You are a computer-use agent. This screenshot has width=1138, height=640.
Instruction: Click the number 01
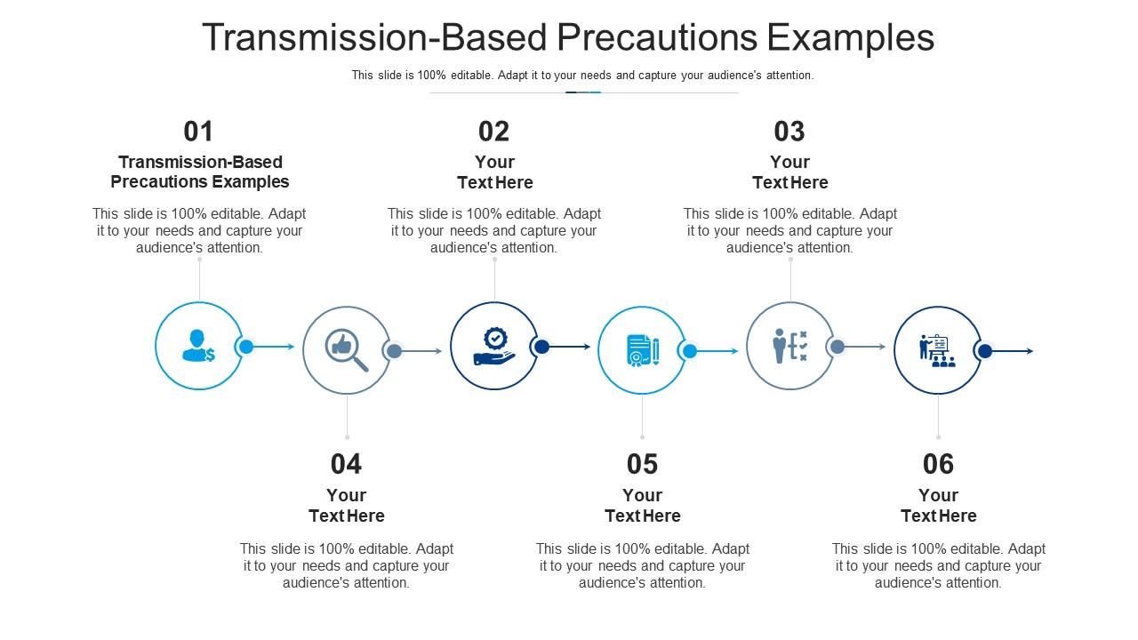coord(198,132)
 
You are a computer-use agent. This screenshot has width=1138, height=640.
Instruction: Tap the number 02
coord(494,132)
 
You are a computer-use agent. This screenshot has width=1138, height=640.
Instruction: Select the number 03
coord(789,132)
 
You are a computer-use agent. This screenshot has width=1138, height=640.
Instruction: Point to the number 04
coord(346,464)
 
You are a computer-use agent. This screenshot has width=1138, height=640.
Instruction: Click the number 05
coord(642,464)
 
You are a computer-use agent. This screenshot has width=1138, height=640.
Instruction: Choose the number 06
coord(938,464)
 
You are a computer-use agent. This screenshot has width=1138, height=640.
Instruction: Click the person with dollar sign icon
coord(198,346)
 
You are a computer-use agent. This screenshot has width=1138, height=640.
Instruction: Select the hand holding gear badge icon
coord(494,347)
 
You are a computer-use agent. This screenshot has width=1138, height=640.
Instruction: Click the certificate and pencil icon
coord(642,350)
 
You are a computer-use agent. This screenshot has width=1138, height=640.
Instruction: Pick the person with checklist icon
coord(789,346)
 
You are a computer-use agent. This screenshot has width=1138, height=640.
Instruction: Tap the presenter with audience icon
coord(937,351)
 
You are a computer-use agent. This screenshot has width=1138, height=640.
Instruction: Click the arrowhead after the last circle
coord(1030,351)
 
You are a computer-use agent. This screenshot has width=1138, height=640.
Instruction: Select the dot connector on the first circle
coord(246,347)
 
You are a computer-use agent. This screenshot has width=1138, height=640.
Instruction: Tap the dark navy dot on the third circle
coord(541,347)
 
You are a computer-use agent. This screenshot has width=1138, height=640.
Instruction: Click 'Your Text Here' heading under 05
coord(642,506)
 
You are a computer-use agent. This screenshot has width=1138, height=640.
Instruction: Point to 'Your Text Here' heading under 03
coord(789,172)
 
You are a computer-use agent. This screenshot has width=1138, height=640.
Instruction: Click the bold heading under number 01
coord(200,172)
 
